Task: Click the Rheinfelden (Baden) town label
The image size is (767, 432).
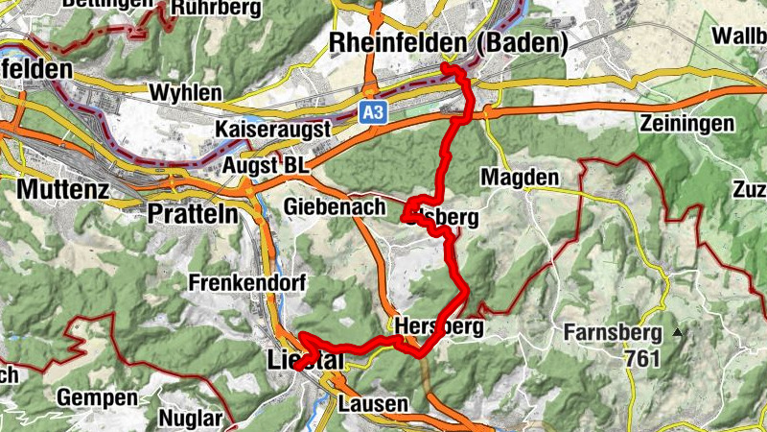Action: [448, 43]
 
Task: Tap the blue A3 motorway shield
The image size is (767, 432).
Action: [374, 112]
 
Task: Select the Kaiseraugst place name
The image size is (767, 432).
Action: [273, 129]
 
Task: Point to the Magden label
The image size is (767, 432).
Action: [519, 178]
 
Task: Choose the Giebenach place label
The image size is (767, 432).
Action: [335, 207]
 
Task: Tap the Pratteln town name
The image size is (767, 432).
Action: [193, 213]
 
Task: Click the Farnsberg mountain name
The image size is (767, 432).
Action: [614, 334]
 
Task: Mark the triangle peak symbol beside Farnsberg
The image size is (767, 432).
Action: [679, 333]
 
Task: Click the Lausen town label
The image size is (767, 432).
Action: [371, 403]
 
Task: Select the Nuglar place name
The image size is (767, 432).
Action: [190, 420]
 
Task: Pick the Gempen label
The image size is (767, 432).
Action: [92, 396]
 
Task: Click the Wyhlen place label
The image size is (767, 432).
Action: [186, 94]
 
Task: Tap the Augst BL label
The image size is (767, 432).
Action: [266, 166]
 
